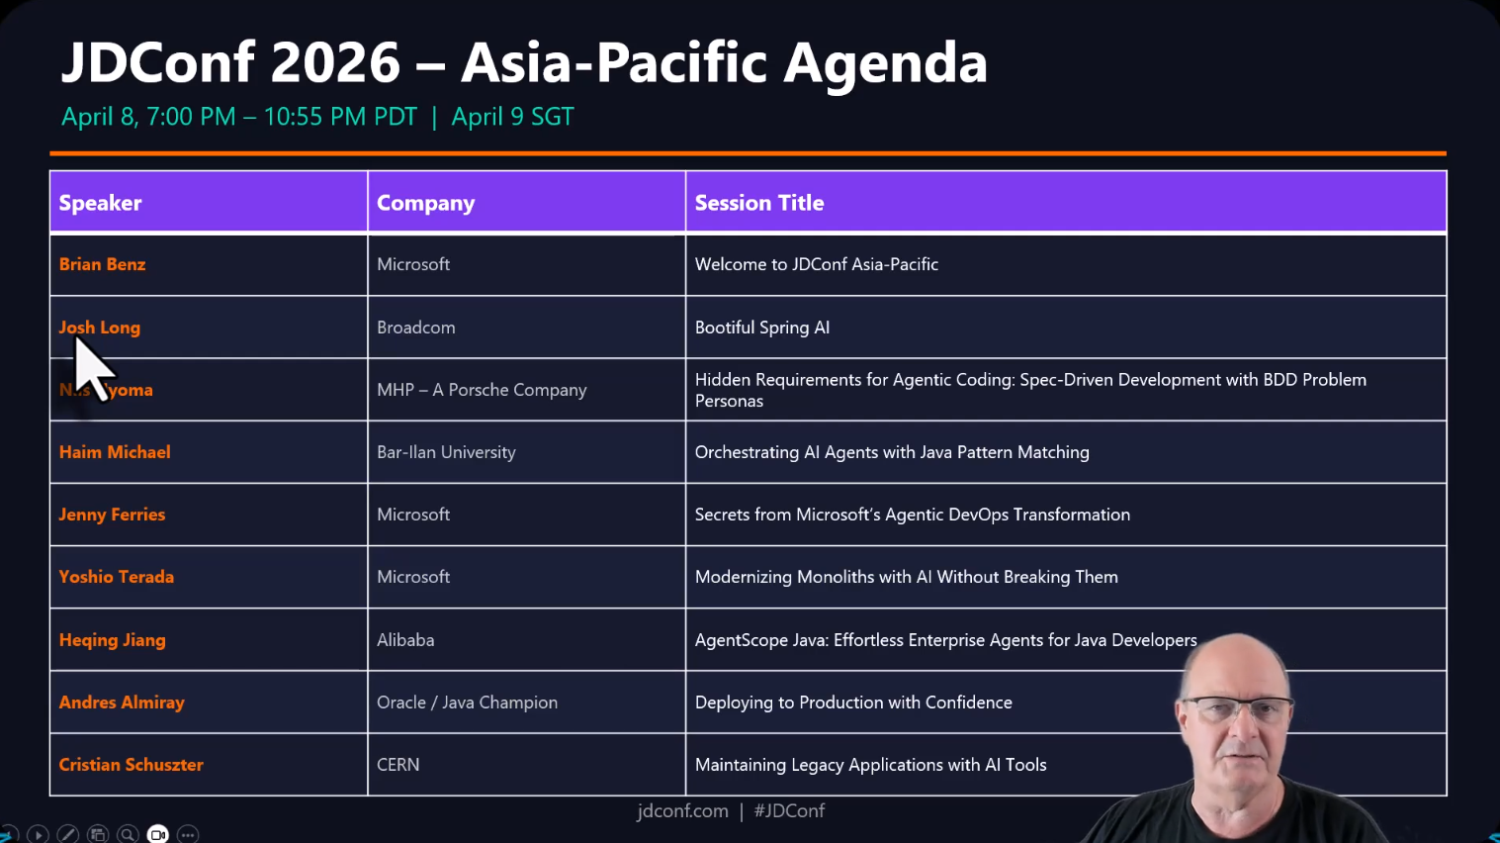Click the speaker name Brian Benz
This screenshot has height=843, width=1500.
tap(102, 264)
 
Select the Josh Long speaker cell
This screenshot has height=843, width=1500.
tap(100, 328)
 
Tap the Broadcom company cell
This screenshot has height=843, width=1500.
tap(415, 328)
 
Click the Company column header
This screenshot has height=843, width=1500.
tap(425, 203)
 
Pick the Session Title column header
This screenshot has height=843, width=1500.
tap(758, 203)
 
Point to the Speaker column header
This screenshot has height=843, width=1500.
tap(100, 203)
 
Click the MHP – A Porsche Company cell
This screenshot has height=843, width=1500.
tap(482, 390)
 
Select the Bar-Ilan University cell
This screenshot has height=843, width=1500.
tap(446, 452)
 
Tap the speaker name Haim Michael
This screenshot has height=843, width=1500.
tap(115, 452)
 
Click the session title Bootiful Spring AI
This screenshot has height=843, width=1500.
tap(761, 328)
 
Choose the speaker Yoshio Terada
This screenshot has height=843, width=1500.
tap(116, 577)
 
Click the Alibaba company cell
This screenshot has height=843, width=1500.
tap(405, 640)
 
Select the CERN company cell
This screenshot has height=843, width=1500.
tap(397, 765)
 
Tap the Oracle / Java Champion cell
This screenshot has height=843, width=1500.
tap(467, 702)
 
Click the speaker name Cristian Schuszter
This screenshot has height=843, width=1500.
tap(131, 765)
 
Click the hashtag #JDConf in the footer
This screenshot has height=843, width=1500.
tap(789, 811)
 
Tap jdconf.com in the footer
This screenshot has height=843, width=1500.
tap(682, 811)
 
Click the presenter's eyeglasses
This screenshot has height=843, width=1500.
tap(1236, 708)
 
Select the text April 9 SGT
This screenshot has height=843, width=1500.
tap(512, 117)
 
